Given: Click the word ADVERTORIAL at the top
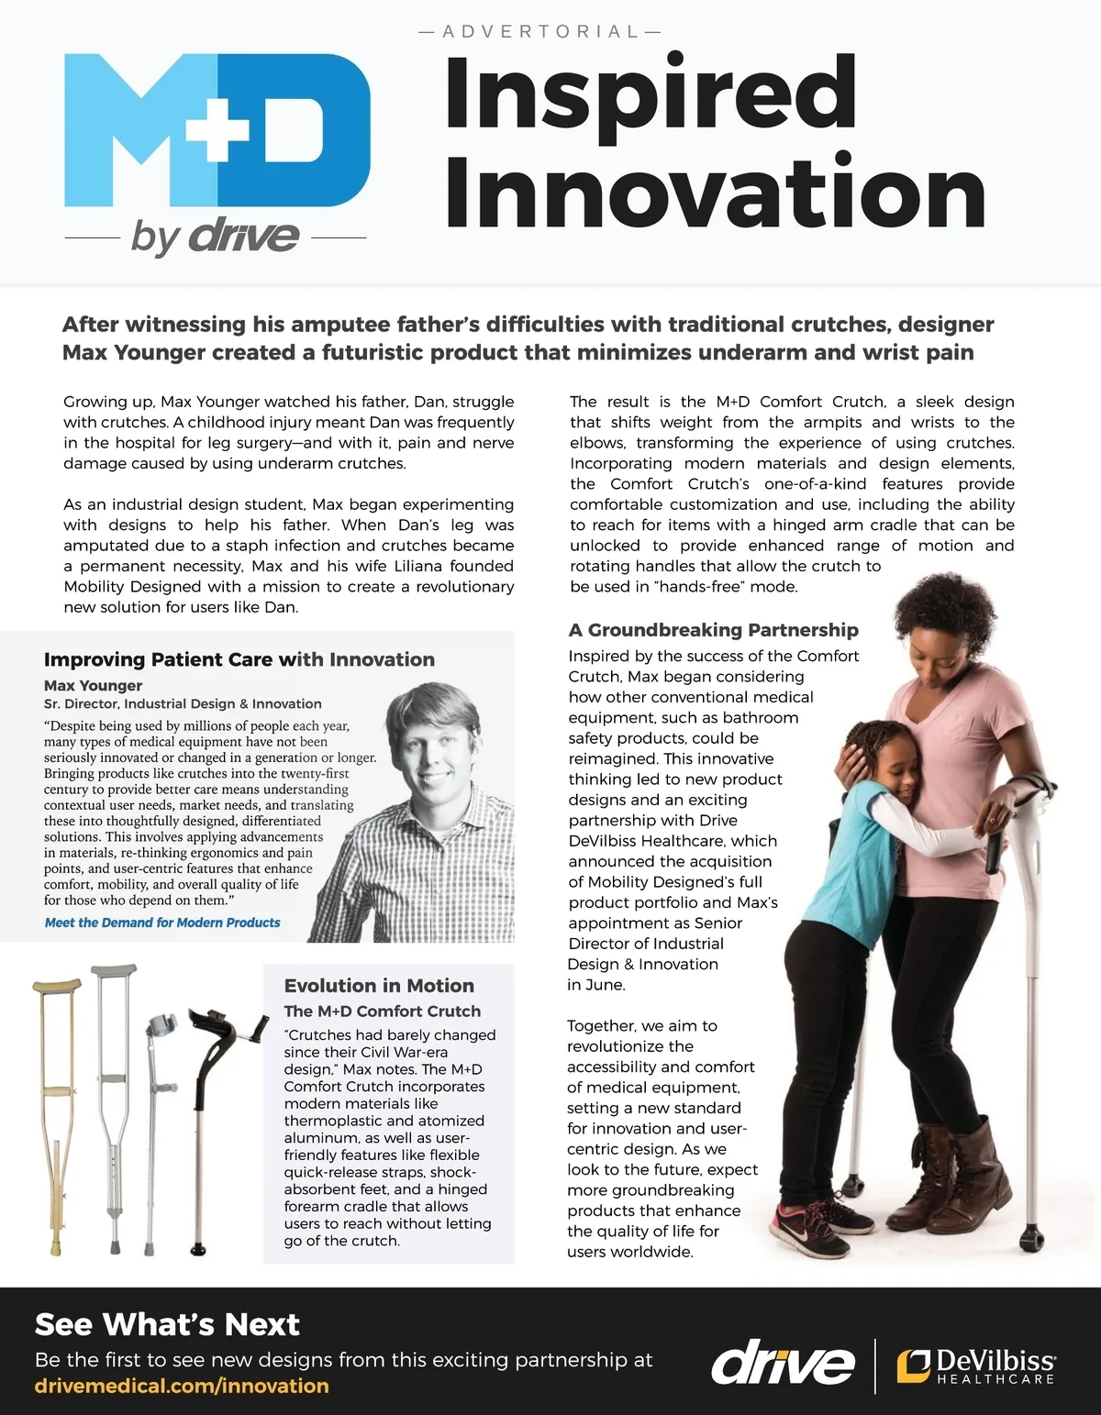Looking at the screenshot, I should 539,32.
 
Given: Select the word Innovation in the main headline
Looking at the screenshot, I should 715,193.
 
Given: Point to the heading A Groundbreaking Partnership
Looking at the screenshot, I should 714,630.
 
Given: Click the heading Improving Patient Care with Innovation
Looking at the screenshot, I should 239,659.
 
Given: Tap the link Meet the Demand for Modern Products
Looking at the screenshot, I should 162,923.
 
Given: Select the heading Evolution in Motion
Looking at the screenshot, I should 379,986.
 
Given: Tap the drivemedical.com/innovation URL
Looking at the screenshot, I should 182,1386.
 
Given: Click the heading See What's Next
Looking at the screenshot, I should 167,1325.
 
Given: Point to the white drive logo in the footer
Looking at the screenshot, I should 783,1365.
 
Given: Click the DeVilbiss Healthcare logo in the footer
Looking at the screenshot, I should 976,1365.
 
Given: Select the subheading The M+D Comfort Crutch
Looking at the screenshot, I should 382,1012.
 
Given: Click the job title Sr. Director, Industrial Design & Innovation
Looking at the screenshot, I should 183,704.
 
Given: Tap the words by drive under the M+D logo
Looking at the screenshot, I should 216,237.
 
